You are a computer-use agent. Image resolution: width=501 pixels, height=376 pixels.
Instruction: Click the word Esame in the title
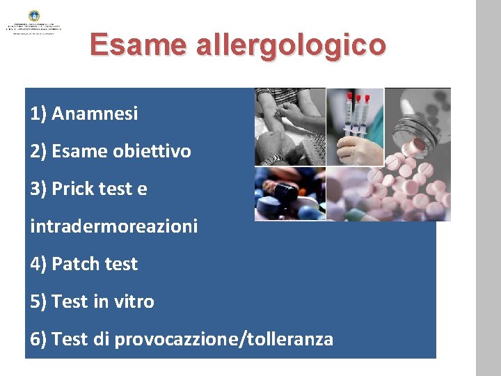136,45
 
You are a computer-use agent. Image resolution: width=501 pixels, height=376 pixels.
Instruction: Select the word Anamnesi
95,113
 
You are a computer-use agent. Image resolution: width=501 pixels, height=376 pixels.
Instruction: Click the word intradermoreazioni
114,226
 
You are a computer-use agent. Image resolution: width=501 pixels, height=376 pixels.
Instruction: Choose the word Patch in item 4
74,264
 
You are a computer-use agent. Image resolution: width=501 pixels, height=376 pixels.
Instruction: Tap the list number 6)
39,339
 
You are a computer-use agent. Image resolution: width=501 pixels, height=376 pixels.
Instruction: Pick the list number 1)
39,113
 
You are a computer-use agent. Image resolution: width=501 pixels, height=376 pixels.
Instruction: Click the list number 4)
39,264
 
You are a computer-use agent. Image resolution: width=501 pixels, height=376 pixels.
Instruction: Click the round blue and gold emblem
34,15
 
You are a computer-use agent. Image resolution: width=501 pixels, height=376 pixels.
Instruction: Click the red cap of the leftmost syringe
350,97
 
